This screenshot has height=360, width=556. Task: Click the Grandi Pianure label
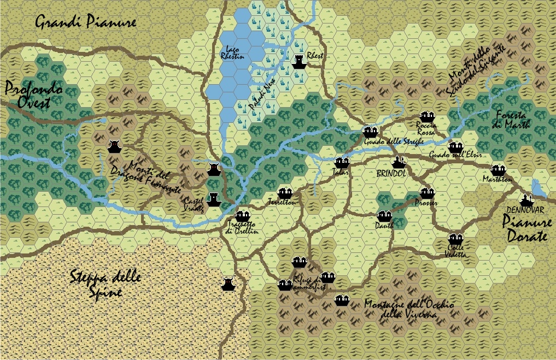[x=85, y=22]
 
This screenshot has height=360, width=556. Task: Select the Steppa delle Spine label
[x=106, y=283]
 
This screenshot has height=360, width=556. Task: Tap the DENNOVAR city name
[x=525, y=210]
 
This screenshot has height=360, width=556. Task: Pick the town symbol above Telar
[x=342, y=163]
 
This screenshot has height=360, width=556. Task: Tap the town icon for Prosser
[x=426, y=193]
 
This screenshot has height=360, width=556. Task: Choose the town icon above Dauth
[x=384, y=216]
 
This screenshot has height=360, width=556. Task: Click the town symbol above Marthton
[x=498, y=170]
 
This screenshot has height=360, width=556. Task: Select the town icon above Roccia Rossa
[x=427, y=116]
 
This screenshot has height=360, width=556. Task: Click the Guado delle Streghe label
[x=390, y=141]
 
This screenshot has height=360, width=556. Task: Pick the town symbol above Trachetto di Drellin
[x=242, y=217]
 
